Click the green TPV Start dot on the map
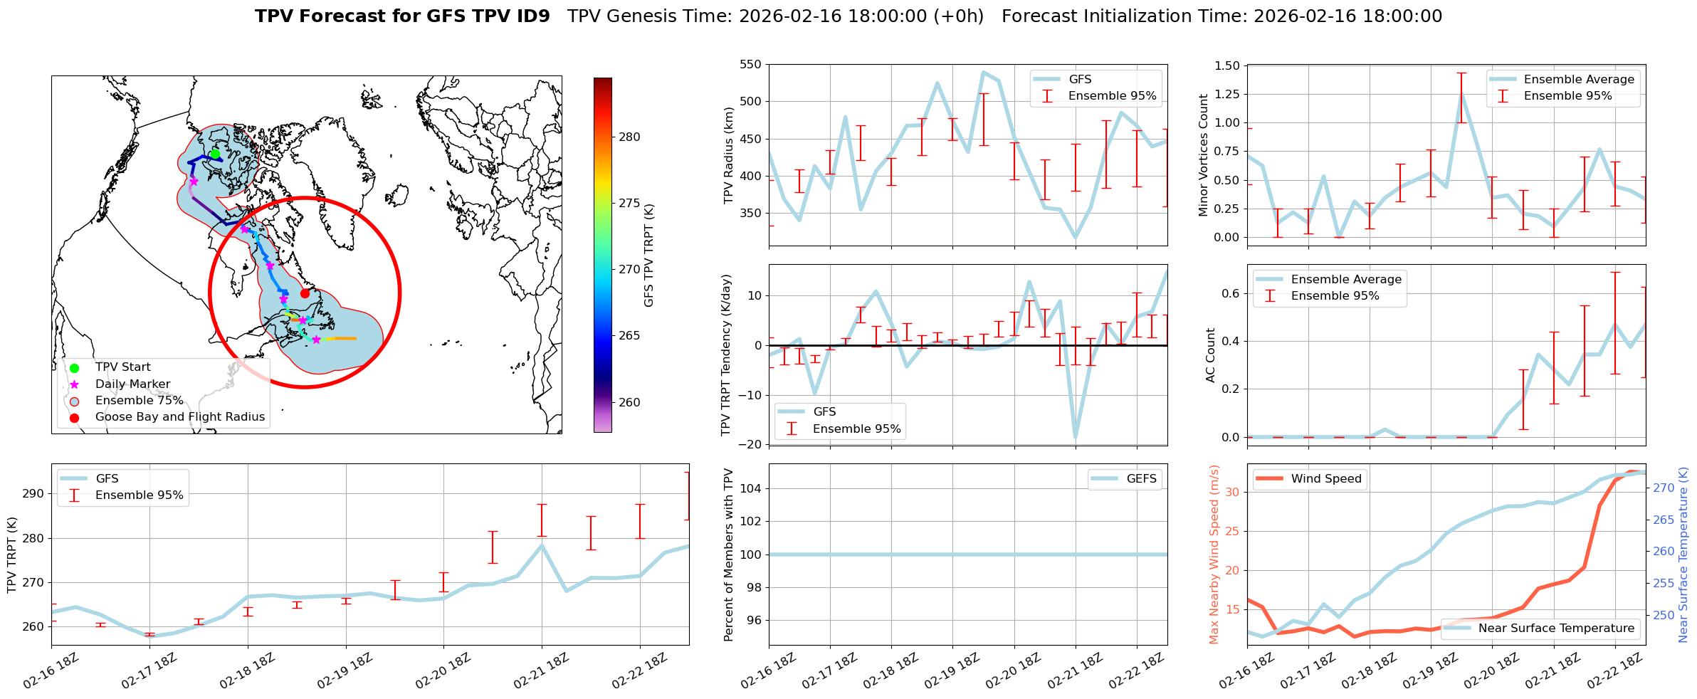point(215,154)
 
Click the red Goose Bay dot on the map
point(305,293)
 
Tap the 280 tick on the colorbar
point(629,137)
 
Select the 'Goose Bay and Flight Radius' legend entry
point(179,417)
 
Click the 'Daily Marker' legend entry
point(132,384)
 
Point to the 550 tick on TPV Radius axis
point(752,65)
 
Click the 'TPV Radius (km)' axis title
point(728,155)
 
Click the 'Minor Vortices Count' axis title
point(1204,155)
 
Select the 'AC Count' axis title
point(1211,355)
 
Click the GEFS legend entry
point(1141,479)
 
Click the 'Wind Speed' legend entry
point(1325,479)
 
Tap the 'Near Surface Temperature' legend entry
point(1555,628)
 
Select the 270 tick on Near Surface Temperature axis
point(1664,488)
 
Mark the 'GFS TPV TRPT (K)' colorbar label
point(648,256)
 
